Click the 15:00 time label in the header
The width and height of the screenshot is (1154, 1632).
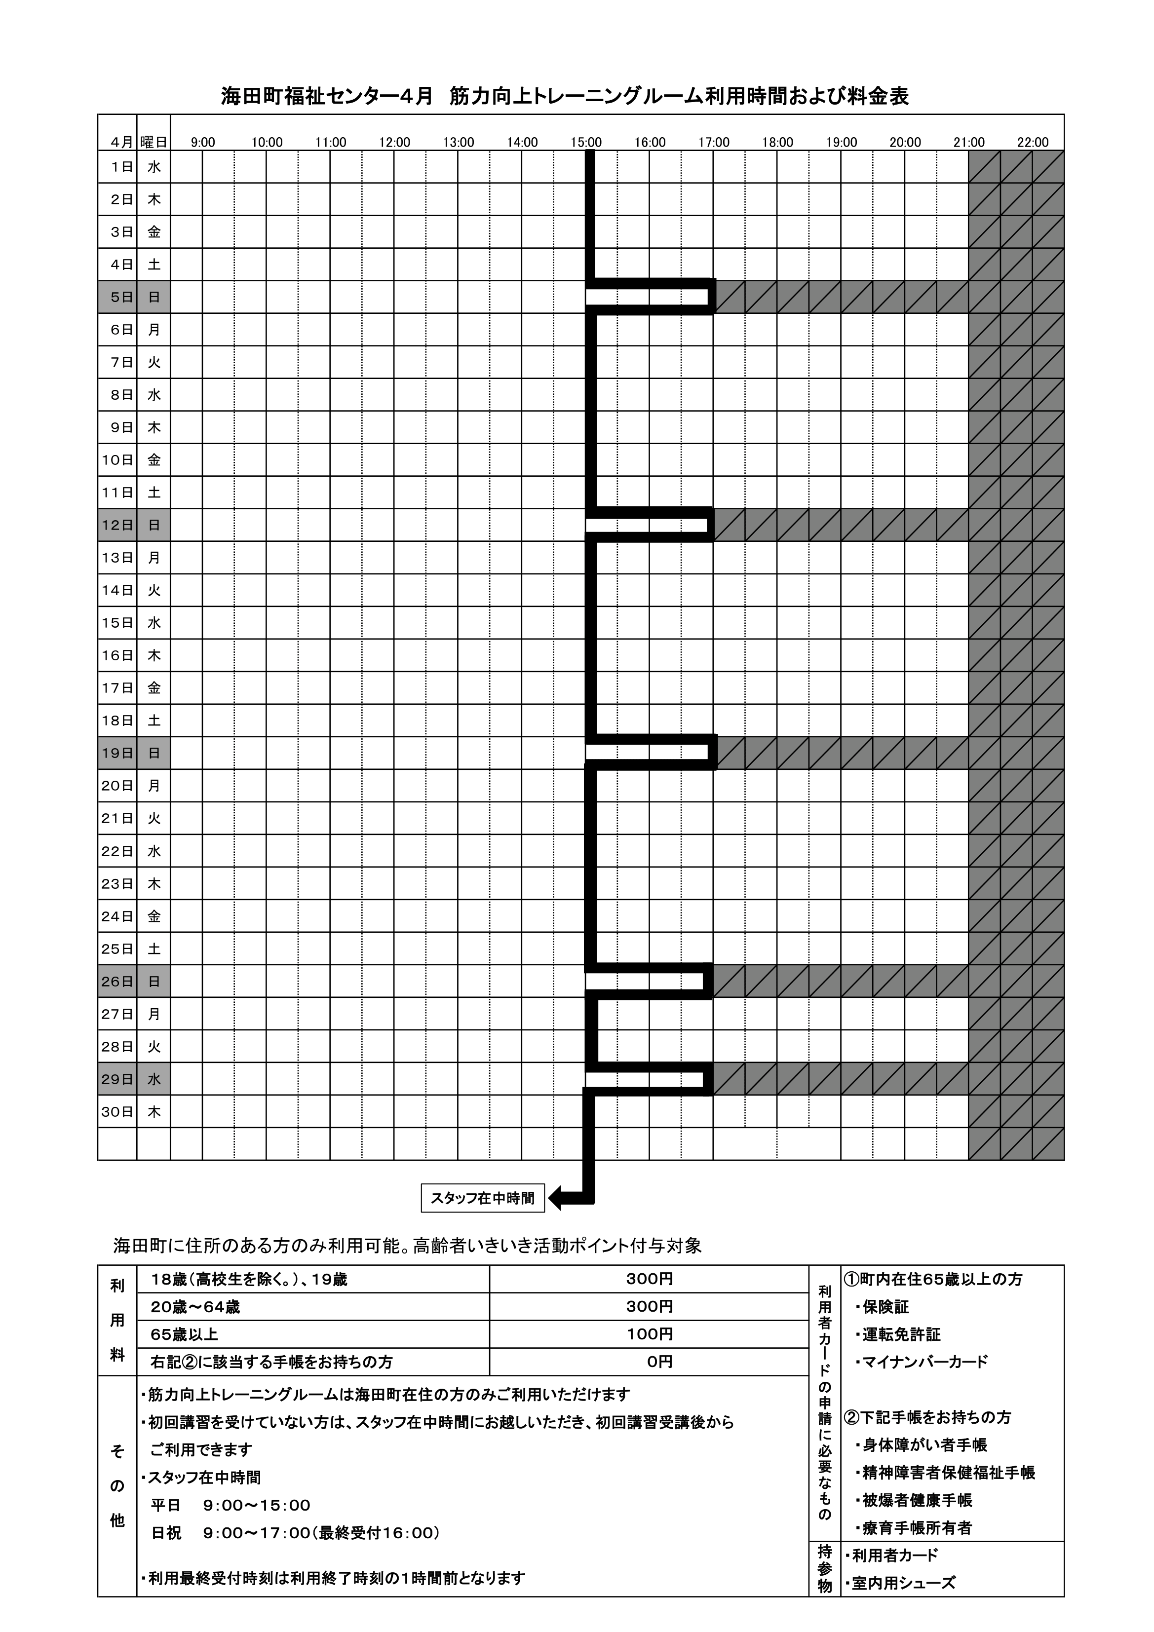pyautogui.click(x=586, y=142)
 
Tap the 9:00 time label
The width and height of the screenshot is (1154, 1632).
pyautogui.click(x=203, y=142)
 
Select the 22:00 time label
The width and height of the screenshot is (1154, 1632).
pyautogui.click(x=1033, y=142)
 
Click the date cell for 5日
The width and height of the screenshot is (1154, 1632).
pyautogui.click(x=117, y=297)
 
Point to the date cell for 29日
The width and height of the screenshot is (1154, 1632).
pyautogui.click(x=117, y=1079)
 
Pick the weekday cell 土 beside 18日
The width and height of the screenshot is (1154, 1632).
pyautogui.click(x=154, y=721)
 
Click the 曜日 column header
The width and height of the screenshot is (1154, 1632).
pyautogui.click(x=154, y=142)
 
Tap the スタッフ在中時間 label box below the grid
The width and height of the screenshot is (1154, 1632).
pyautogui.click(x=483, y=1198)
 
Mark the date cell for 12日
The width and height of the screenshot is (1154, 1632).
pyautogui.click(x=117, y=525)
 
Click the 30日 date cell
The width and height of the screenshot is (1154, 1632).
pyautogui.click(x=117, y=1112)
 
